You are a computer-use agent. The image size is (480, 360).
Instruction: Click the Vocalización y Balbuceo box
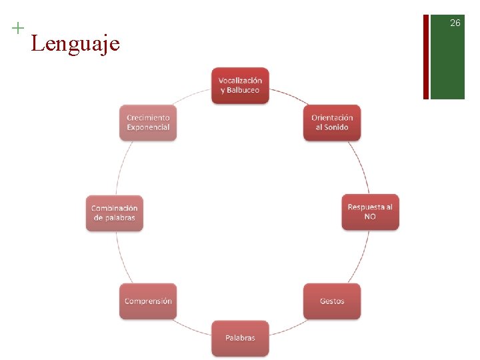tap(240, 85)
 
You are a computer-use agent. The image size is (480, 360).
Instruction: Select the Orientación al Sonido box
tap(332, 123)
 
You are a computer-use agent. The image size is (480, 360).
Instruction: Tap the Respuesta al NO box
tap(370, 212)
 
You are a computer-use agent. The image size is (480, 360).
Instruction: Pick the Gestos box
tap(332, 301)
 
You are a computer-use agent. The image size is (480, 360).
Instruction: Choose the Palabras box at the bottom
tap(240, 338)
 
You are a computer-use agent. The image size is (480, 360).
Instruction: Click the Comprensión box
tap(148, 301)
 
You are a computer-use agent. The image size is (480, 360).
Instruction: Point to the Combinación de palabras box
tap(114, 213)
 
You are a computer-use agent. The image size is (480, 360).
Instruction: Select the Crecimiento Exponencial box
tap(148, 123)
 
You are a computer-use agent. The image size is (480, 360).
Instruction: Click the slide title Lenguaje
tap(75, 44)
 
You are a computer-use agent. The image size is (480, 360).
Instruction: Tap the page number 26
tap(455, 23)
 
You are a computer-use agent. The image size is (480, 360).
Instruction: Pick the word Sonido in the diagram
tap(337, 127)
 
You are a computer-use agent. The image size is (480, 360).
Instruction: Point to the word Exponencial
tap(148, 127)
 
